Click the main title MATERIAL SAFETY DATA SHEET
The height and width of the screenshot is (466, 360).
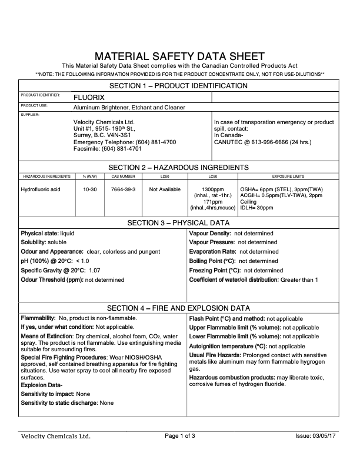coord(180,55)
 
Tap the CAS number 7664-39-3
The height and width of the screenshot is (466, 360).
coord(124,189)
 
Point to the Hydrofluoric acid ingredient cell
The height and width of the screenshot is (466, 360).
coord(41,189)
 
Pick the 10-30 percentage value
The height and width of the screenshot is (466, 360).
coord(90,189)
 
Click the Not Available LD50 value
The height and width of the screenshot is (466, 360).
coord(165,189)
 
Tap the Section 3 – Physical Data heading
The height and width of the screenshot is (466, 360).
coord(179,223)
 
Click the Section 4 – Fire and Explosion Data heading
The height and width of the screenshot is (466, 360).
coord(179,308)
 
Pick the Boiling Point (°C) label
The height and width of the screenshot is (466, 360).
coord(212,261)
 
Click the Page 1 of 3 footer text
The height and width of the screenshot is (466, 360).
coord(180,436)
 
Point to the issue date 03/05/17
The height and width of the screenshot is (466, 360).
coord(327,436)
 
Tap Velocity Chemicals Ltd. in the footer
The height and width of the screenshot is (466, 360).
coord(56,437)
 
